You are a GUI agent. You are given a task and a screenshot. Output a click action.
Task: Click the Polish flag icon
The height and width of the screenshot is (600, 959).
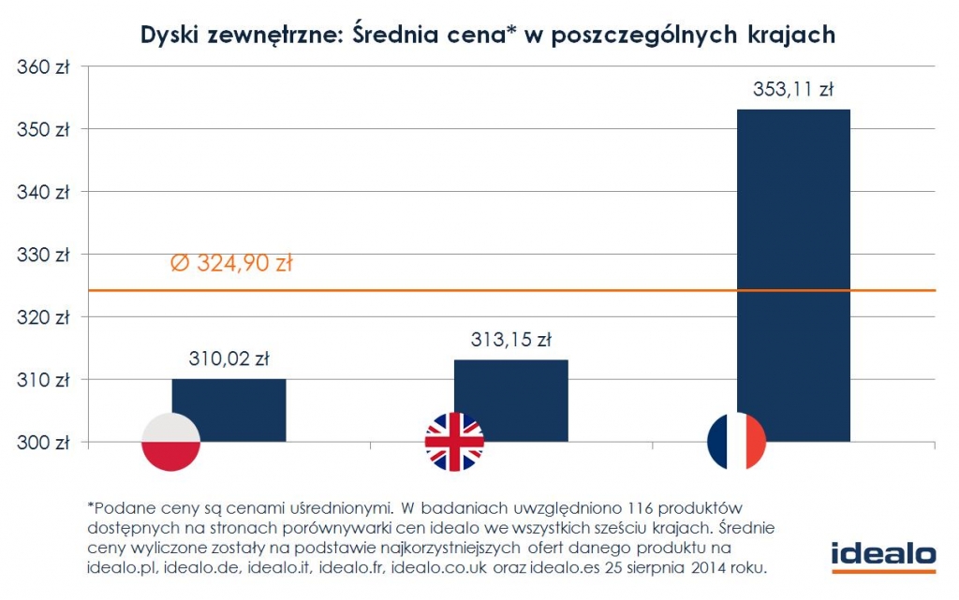tap(171, 441)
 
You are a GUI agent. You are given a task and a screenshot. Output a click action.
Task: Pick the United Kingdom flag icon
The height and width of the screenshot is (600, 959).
tap(454, 441)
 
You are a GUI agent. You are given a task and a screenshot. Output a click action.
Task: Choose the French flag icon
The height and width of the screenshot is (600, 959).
tap(737, 441)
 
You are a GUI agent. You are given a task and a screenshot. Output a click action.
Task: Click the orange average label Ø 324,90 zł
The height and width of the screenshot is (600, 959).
tap(231, 264)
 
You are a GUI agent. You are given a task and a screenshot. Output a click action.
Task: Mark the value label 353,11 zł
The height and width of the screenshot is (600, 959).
tap(793, 91)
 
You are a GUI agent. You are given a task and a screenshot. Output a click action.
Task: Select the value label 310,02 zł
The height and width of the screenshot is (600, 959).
tap(229, 358)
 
